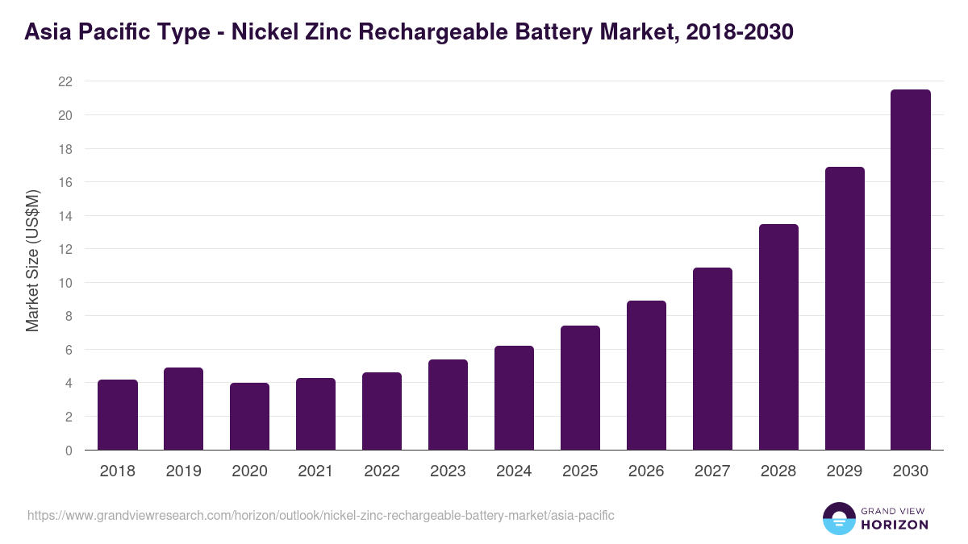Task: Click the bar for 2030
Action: [x=911, y=270]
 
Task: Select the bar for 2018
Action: [x=118, y=415]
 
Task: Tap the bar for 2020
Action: [x=249, y=417]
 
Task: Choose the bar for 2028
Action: [x=778, y=337]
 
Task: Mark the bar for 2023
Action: [x=448, y=405]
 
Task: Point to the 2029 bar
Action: [x=845, y=309]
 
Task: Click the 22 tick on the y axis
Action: [x=65, y=81]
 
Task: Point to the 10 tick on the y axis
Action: [x=65, y=283]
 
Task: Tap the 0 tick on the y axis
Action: [x=69, y=451]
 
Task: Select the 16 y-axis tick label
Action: [x=65, y=182]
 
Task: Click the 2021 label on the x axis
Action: [x=315, y=471]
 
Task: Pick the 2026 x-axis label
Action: [x=646, y=471]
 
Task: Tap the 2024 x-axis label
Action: [x=514, y=471]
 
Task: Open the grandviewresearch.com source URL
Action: [x=321, y=515]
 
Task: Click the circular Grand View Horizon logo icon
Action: [x=838, y=518]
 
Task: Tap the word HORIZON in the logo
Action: [x=895, y=525]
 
